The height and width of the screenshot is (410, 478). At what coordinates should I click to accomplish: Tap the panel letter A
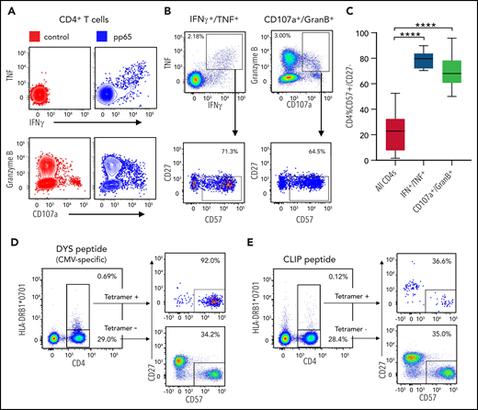coord(8,8)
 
